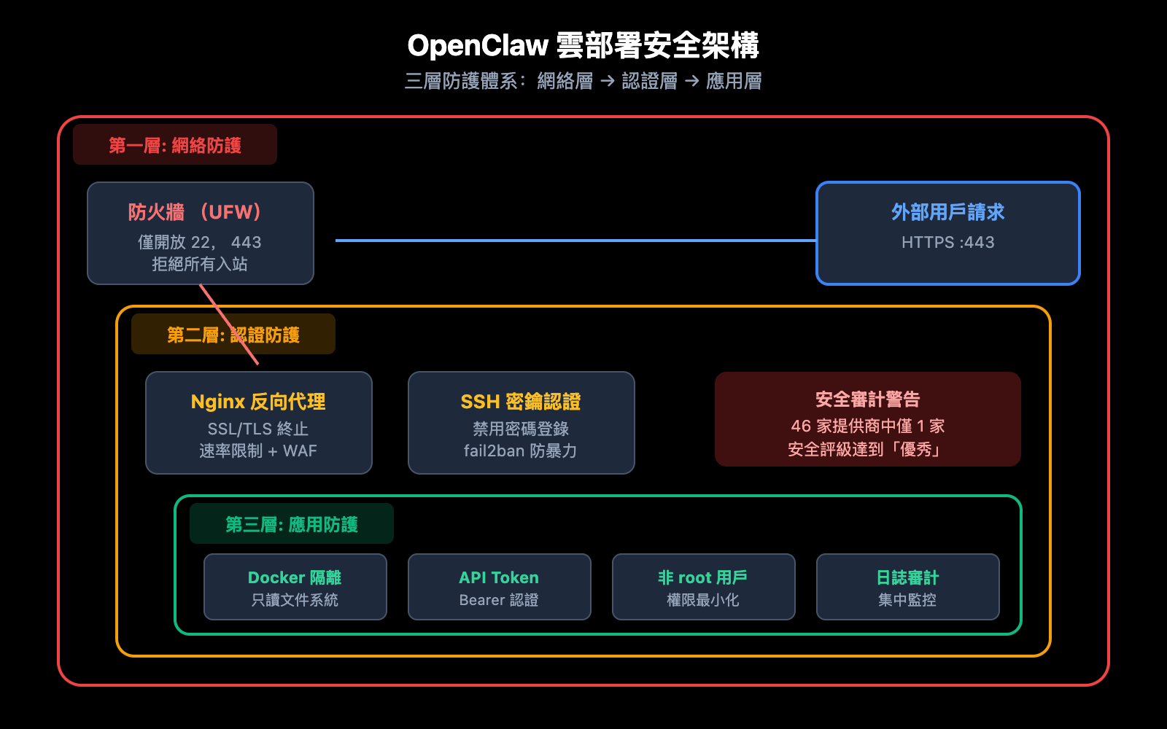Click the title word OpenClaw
(478, 46)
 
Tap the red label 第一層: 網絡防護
(175, 146)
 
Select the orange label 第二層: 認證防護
(233, 335)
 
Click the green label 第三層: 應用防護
(292, 525)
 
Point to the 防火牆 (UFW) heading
(195, 212)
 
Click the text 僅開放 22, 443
(200, 242)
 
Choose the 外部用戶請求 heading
(947, 212)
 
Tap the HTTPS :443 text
(947, 242)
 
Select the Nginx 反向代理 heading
(258, 402)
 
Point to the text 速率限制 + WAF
(258, 451)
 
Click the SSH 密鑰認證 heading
(521, 402)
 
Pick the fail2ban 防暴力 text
(521, 451)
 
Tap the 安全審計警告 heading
(867, 399)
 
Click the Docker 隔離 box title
(295, 577)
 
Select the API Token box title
(499, 577)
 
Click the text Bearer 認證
(499, 600)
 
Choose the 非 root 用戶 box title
(703, 577)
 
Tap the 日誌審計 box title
(907, 577)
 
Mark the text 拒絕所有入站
(200, 264)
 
